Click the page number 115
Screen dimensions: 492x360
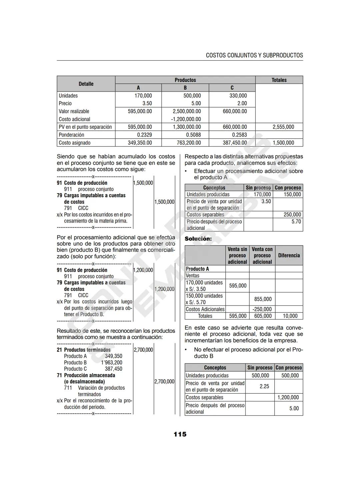tap(180, 434)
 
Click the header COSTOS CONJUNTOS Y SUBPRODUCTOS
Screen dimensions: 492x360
tap(254, 55)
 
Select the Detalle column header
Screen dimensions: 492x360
tap(86, 84)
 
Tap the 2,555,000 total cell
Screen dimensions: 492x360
tap(283, 127)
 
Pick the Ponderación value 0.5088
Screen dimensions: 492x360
tap(193, 135)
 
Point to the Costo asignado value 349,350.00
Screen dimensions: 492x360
tap(140, 143)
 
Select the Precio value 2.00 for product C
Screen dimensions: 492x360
tap(242, 103)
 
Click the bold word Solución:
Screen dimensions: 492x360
tap(198, 239)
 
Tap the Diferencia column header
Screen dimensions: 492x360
tap(289, 255)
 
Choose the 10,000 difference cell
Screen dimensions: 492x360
tap(290, 316)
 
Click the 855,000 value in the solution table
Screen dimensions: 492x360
tap(263, 299)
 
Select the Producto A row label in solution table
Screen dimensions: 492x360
tap(197, 269)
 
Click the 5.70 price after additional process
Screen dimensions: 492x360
tap(296, 222)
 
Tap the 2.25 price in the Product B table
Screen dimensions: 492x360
tap(264, 386)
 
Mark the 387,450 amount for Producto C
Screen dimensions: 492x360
tap(113, 369)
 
